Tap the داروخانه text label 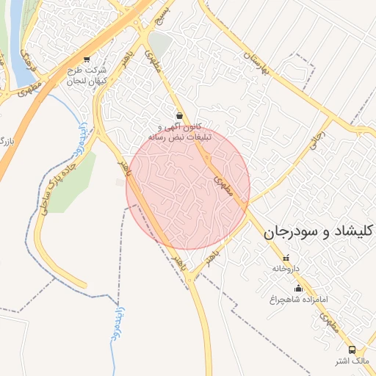(x=286, y=269)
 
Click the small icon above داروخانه (x=286, y=258)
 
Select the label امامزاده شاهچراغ (x=298, y=300)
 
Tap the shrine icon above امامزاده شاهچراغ (x=298, y=288)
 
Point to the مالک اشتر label (x=351, y=361)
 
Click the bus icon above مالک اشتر (x=352, y=350)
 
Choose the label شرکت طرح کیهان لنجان (x=87, y=75)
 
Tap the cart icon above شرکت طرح (x=87, y=59)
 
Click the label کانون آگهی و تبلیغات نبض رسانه (x=180, y=132)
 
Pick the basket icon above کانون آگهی (x=180, y=115)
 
